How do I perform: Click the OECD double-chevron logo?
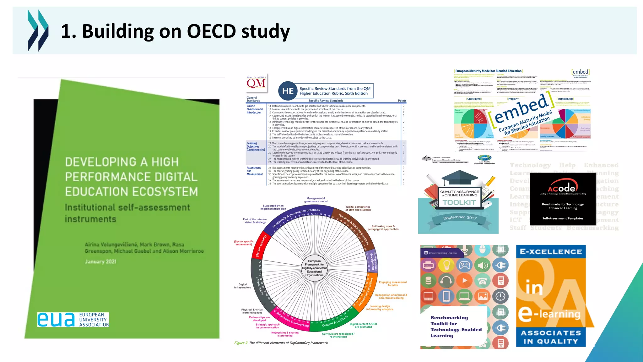[x=38, y=30]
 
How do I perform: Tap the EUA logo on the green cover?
[x=73, y=320]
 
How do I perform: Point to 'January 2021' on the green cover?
[x=100, y=261]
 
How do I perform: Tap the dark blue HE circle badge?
[x=288, y=91]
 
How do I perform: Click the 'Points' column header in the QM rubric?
[x=402, y=101]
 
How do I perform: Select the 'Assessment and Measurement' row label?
[x=254, y=171]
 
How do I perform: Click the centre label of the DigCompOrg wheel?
[x=314, y=268]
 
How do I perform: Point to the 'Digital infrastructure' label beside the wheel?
[x=243, y=286]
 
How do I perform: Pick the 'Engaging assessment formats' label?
[x=392, y=283]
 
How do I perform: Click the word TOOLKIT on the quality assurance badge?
[x=459, y=202]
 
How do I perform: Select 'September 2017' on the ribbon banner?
[x=460, y=217]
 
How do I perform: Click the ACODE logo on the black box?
[x=563, y=188]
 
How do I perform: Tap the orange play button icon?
[x=464, y=280]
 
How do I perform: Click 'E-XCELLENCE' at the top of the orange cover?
[x=551, y=252]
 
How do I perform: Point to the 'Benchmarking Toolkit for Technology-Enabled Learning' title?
[x=456, y=326]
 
